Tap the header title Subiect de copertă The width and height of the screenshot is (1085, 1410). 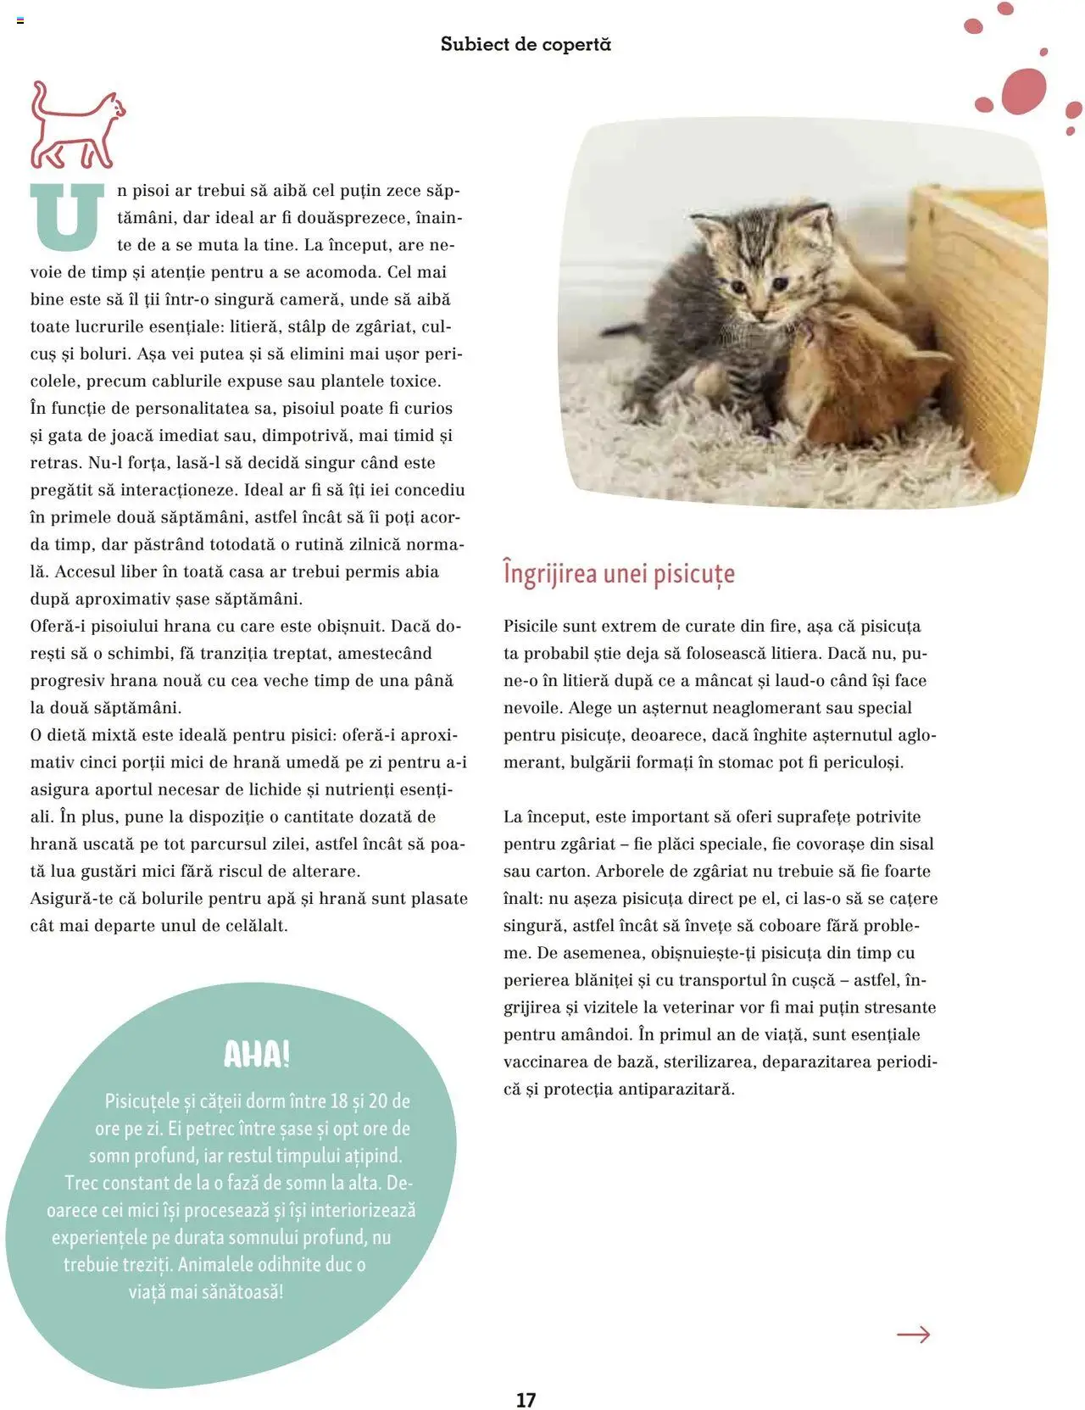526,44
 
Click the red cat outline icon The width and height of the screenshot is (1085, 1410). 76,125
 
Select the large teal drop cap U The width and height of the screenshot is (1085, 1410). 67,216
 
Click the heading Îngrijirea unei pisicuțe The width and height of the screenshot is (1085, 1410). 619,574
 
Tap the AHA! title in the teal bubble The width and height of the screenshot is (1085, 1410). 256,1054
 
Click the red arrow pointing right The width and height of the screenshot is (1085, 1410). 913,1335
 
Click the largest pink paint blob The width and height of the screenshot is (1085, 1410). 1024,92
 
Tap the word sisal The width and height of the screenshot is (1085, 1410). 914,844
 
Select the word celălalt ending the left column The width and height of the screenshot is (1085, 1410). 252,925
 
